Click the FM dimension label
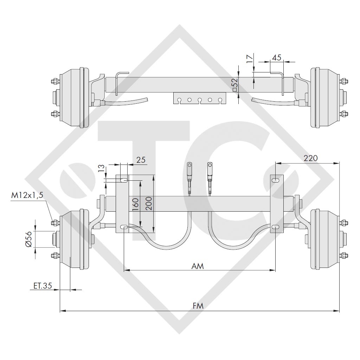click(x=198, y=306)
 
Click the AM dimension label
click(x=198, y=266)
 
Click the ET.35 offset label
click(x=43, y=286)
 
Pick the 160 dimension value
click(x=136, y=204)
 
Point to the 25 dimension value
click(x=141, y=160)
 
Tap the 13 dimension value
click(x=102, y=168)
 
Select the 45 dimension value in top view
click(x=277, y=58)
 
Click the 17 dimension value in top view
click(x=249, y=59)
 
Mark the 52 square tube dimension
click(x=235, y=84)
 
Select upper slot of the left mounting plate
click(x=124, y=180)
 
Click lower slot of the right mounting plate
click(x=276, y=227)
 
